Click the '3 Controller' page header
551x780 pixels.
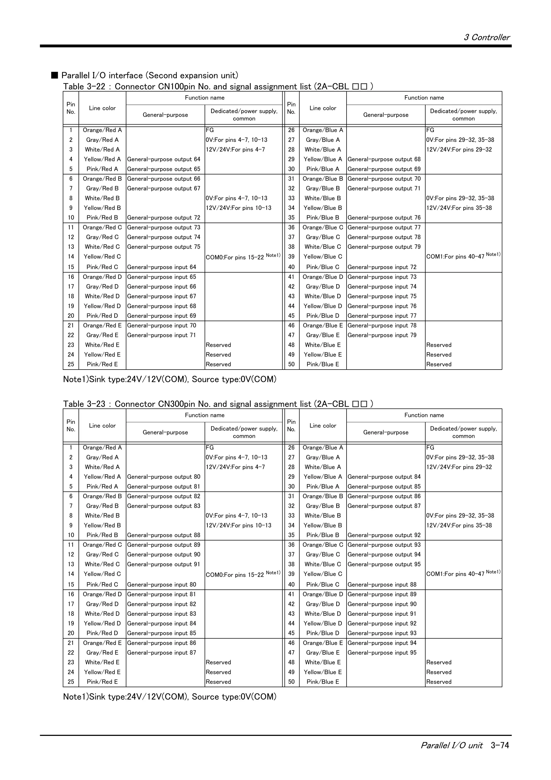pos(486,37)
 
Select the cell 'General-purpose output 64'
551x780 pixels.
pos(164,159)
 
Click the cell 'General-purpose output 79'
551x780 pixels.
pos(384,247)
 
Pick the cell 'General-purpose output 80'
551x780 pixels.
pos(164,477)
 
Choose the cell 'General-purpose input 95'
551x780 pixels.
pos(382,653)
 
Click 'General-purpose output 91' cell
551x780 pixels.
pos(164,564)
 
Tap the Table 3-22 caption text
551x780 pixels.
pos(218,87)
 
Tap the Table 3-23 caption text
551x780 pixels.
pos(218,404)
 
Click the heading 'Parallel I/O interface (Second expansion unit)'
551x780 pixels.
pos(150,75)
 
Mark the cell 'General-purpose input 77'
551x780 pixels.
pos(382,316)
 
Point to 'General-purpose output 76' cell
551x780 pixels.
pos(384,218)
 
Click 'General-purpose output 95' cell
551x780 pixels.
pos(384,564)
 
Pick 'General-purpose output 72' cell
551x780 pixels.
pos(164,218)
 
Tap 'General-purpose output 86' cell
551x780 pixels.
pos(384,496)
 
